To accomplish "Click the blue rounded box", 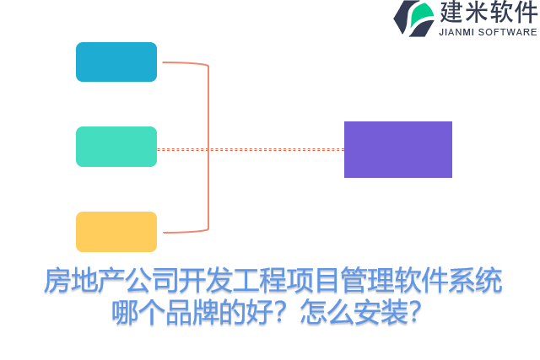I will pyautogui.click(x=116, y=62).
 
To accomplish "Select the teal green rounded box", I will pyautogui.click(x=116, y=147).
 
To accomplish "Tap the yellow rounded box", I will pyautogui.click(x=116, y=232).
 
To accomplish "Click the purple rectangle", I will pyautogui.click(x=397, y=149).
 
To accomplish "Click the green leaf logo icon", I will pyautogui.click(x=413, y=18).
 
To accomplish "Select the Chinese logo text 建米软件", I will pyautogui.click(x=488, y=13).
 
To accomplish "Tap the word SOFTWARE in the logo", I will pyautogui.click(x=508, y=32).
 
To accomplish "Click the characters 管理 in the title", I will pyautogui.click(x=342, y=281).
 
